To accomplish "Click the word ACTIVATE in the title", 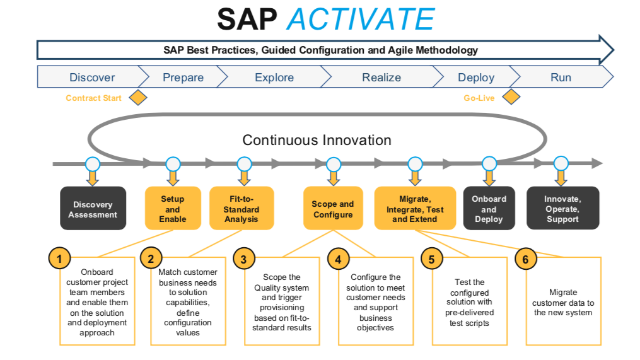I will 360,20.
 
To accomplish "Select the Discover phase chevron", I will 92,78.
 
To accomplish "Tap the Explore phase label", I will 274,78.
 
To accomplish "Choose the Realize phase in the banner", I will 381,78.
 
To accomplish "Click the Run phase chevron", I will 561,78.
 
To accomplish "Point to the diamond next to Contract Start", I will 137,98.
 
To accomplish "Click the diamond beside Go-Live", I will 511,97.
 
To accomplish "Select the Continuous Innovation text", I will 317,140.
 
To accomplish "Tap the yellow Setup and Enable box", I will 173,209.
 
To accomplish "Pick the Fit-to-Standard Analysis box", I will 241,209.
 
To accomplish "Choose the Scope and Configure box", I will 332,209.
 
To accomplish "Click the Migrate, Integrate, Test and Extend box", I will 415,209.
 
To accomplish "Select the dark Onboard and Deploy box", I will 489,209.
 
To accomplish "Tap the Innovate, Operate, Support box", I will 562,209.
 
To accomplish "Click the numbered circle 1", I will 59,258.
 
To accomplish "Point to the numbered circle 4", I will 339,259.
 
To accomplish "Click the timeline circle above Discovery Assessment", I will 93,164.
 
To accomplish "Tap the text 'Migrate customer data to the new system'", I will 562,303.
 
